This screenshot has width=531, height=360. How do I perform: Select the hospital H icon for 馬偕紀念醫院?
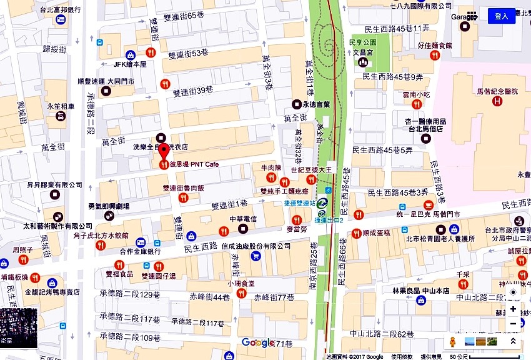pyautogui.click(x=497, y=101)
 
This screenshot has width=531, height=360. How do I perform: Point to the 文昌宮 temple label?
pyautogui.click(x=362, y=53)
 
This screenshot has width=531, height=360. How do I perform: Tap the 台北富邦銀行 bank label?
pyautogui.click(x=60, y=10)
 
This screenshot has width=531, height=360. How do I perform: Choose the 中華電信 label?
pyautogui.click(x=243, y=219)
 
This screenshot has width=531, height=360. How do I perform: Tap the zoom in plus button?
pyautogui.click(x=513, y=309)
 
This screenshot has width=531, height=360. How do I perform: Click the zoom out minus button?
pyautogui.click(x=513, y=323)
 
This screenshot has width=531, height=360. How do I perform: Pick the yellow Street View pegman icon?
pyautogui.click(x=453, y=342)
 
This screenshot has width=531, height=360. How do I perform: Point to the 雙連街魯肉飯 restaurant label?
pyautogui.click(x=183, y=187)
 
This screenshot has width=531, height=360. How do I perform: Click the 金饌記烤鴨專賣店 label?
pyautogui.click(x=52, y=292)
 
